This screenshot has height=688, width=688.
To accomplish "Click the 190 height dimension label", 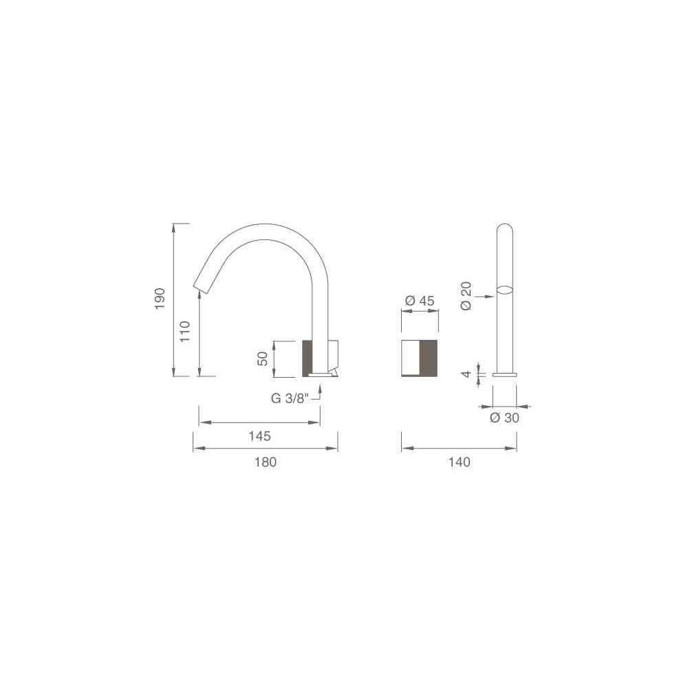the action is pos(160,299).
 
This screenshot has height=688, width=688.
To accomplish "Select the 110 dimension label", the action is pos(185,332).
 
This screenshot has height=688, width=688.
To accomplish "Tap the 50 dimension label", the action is pos(262,359).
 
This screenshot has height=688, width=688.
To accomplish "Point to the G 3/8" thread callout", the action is pos(290,398).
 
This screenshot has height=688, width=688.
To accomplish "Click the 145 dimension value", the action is pos(260,436).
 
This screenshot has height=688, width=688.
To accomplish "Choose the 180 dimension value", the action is pos(266,462).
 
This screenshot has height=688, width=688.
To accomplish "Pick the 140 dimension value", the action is pos(460,462).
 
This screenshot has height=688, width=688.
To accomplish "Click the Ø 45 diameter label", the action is pos(420,301).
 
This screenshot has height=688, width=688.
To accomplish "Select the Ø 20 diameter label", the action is pos(466,296).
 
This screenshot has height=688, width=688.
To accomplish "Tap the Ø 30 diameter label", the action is pos(504,418).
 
